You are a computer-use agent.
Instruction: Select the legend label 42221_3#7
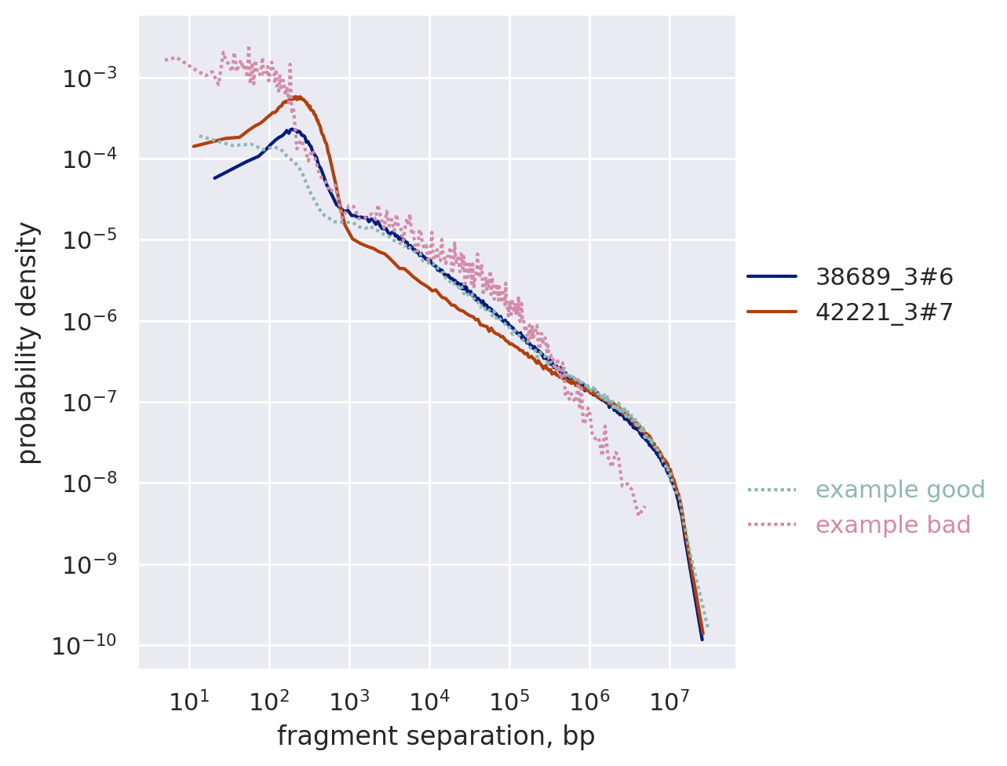(885, 312)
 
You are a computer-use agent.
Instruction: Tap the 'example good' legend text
(900, 490)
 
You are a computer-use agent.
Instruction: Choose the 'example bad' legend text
(893, 525)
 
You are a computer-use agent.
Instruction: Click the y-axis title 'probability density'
(28, 342)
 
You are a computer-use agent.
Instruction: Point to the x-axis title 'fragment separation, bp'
(436, 736)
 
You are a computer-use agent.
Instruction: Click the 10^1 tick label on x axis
(188, 701)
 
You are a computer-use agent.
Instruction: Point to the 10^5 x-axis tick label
(509, 701)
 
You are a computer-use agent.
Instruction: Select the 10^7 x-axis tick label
(670, 701)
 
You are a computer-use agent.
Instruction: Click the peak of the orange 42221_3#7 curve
(298, 97)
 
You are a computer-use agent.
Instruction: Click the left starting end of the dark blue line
(214, 178)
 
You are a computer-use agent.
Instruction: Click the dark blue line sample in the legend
(772, 276)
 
